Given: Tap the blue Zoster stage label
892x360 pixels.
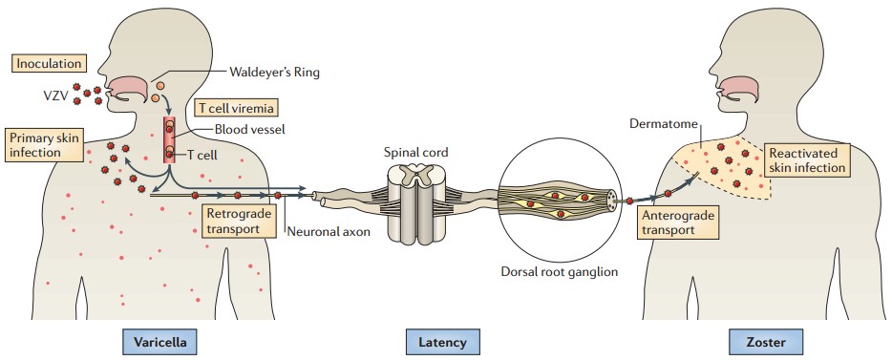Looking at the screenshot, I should tap(759, 341).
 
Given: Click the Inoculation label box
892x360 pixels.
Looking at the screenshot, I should tap(48, 64).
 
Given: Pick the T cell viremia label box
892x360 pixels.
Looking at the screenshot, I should tap(232, 107).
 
